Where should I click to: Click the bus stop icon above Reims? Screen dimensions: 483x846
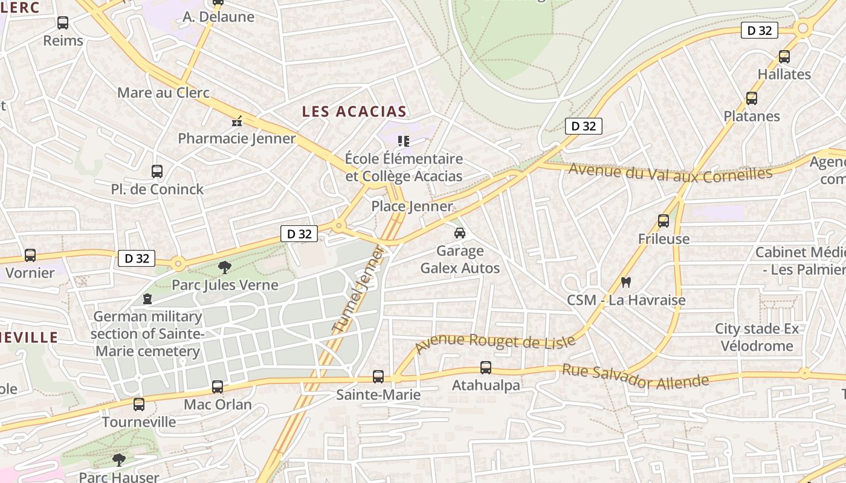(63, 23)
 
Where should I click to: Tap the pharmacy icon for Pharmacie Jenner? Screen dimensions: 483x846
(237, 121)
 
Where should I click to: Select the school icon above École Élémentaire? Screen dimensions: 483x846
(404, 141)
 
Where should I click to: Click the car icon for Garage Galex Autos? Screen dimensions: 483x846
(460, 233)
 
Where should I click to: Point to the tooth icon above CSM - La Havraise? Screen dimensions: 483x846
(626, 282)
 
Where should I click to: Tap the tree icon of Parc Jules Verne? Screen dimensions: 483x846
(225, 267)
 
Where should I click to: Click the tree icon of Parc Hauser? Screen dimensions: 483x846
(119, 460)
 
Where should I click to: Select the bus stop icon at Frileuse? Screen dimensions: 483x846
(664, 221)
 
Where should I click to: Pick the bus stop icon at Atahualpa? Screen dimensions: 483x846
(486, 367)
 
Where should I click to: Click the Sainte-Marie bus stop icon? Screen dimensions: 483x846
(378, 377)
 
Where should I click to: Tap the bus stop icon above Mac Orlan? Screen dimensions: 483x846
(218, 387)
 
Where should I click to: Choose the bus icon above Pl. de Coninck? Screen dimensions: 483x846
(157, 171)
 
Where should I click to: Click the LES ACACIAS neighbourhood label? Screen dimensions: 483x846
(354, 112)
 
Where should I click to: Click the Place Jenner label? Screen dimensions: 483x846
(412, 206)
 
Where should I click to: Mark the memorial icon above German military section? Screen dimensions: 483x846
(147, 299)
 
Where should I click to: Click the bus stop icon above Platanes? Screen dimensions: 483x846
(752, 98)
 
